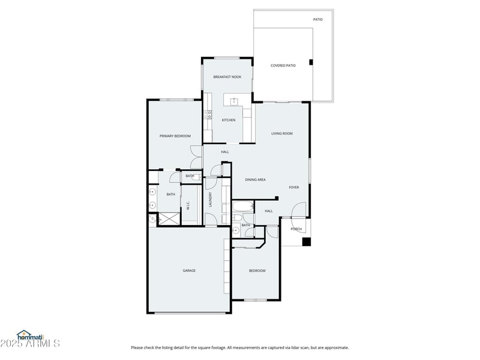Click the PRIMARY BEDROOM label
tap(175, 136)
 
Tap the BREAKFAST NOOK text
tap(227, 77)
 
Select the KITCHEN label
tap(229, 120)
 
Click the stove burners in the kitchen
tap(208, 114)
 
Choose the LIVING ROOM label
tap(281, 133)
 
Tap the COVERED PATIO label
tap(283, 65)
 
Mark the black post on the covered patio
tap(310, 62)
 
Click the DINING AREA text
tap(255, 179)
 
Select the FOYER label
tap(294, 187)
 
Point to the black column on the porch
tap(306, 242)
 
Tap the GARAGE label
tap(189, 271)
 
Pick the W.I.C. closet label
tap(188, 206)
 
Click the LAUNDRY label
tap(210, 200)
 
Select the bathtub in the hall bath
tap(243, 209)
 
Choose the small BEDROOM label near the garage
tap(257, 271)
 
